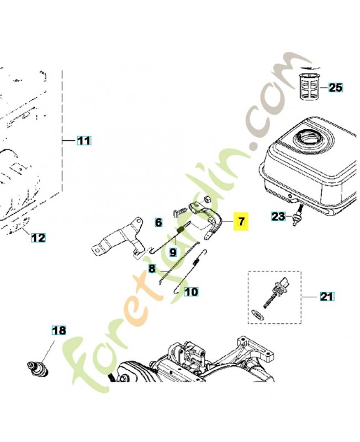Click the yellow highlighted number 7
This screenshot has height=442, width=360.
pyautogui.click(x=241, y=222)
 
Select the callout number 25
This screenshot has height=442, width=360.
pyautogui.click(x=336, y=87)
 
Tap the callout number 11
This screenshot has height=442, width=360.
pyautogui.click(x=83, y=141)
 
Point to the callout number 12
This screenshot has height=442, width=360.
pyautogui.click(x=38, y=238)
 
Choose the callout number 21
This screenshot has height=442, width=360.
pyautogui.click(x=327, y=297)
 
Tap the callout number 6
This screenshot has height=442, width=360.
pyautogui.click(x=158, y=223)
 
